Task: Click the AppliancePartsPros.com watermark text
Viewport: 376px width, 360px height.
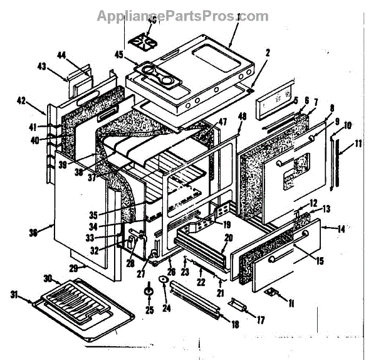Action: (182, 16)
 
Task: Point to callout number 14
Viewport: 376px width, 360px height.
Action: (341, 230)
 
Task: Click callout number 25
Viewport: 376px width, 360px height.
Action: (149, 309)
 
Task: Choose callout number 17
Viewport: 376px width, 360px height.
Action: (261, 320)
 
